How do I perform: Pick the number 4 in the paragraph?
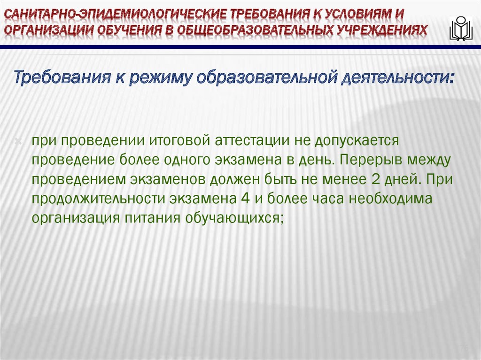pos(244,199)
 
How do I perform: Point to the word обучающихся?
pos(235,218)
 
